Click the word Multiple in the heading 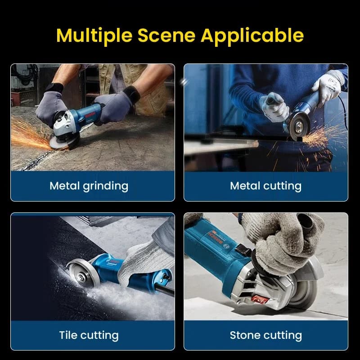[94, 36]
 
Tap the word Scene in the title [166, 36]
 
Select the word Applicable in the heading [252, 36]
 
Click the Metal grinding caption [89, 186]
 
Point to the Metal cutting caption [265, 186]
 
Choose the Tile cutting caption [89, 335]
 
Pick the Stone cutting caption [266, 335]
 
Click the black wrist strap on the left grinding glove [54, 88]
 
